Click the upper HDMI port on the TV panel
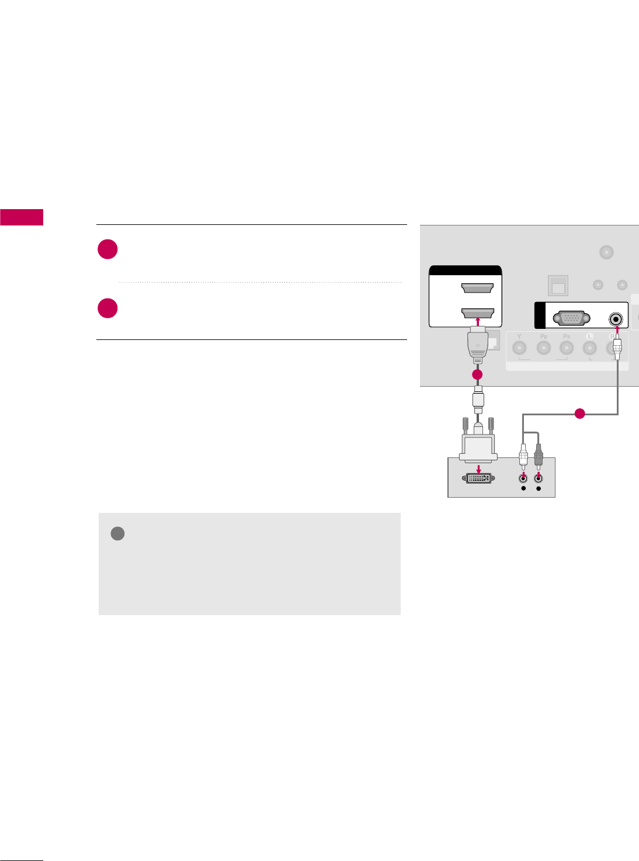pyautogui.click(x=478, y=287)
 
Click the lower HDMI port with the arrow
pyautogui.click(x=478, y=312)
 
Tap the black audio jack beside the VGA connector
pyautogui.click(x=616, y=320)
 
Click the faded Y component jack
pyautogui.click(x=519, y=349)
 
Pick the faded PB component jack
pyautogui.click(x=543, y=349)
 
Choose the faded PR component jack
pyautogui.click(x=566, y=349)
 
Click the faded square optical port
pyautogui.click(x=558, y=286)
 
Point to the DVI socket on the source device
pyautogui.click(x=478, y=478)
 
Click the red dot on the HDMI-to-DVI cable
pyautogui.click(x=477, y=374)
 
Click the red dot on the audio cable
pyautogui.click(x=579, y=414)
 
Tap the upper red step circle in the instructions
pyautogui.click(x=108, y=249)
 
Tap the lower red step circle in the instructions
pyautogui.click(x=108, y=308)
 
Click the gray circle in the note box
pyautogui.click(x=117, y=533)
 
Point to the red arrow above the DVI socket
pyautogui.click(x=478, y=468)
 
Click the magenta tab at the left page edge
pyautogui.click(x=22, y=217)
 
